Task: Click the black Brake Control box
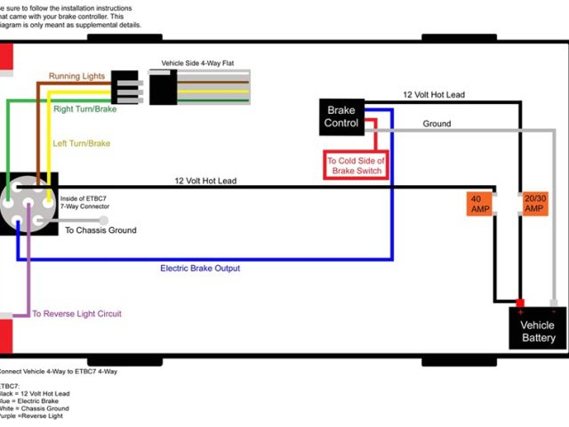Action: point(341,117)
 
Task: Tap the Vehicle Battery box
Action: point(538,331)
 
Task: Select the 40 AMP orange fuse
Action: point(480,203)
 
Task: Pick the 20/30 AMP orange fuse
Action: point(534,203)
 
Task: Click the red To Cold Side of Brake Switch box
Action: point(357,165)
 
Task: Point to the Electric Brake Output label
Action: point(200,268)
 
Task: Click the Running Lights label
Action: point(78,77)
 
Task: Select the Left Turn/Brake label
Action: point(82,142)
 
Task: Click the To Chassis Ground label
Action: point(101,230)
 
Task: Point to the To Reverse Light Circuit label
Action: point(77,314)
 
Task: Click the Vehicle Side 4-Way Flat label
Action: point(197,64)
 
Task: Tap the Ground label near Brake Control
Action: point(437,125)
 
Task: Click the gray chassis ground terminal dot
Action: point(103,219)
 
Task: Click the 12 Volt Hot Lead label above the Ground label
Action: point(434,94)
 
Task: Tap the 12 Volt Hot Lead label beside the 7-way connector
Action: point(205,181)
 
